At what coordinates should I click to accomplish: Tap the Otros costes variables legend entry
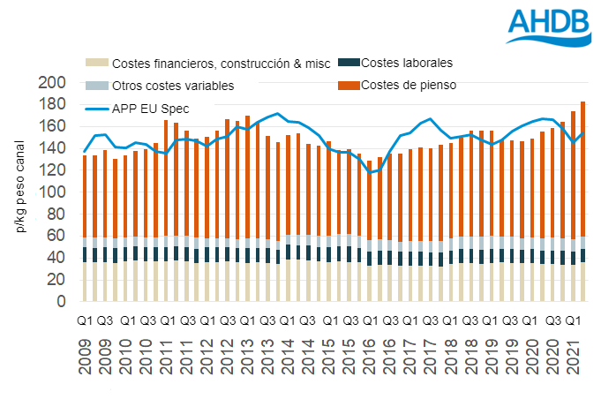pos(166,86)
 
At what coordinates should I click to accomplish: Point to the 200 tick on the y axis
pos(53,83)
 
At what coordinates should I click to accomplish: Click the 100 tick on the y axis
pos(53,192)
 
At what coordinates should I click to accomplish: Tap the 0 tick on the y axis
pos(63,302)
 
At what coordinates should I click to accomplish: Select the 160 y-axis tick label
pos(53,127)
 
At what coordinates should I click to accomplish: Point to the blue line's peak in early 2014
pos(279,114)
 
